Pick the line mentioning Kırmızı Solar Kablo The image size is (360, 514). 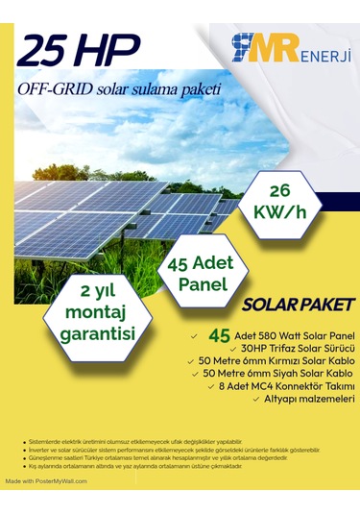point(278,359)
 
